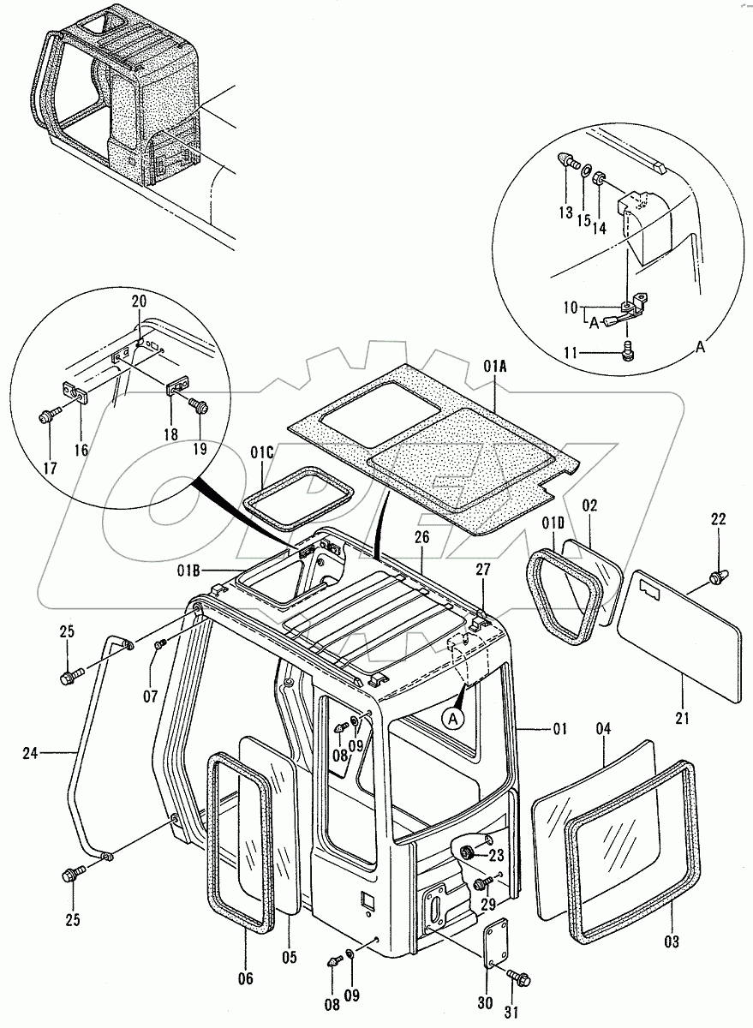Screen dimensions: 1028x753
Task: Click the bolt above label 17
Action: (48, 416)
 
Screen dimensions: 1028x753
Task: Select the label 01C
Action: (262, 451)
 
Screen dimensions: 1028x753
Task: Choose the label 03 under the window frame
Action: (671, 943)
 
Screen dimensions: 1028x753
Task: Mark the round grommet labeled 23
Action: (469, 853)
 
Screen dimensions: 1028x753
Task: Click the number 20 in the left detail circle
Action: (140, 302)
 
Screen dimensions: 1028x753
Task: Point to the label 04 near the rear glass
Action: (604, 729)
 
